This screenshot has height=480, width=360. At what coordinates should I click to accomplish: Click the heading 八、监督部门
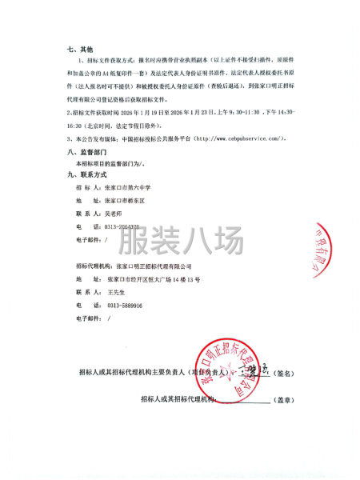click(x=86, y=151)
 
